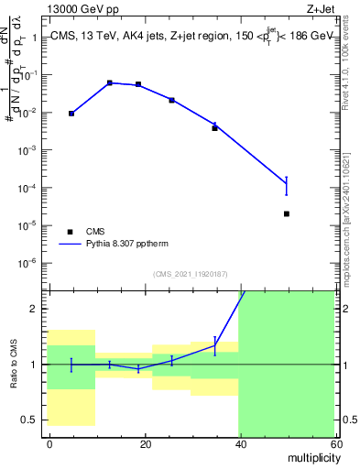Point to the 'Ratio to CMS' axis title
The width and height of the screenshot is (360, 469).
[x=15, y=365]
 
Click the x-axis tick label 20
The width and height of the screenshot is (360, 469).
[x=145, y=443]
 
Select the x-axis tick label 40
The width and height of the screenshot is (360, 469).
[x=239, y=443]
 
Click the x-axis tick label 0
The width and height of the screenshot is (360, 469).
[x=49, y=443]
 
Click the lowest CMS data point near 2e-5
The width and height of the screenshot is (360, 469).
[x=287, y=213]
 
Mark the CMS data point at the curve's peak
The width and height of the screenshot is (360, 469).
[x=110, y=83]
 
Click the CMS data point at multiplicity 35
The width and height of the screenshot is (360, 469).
[x=214, y=128]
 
